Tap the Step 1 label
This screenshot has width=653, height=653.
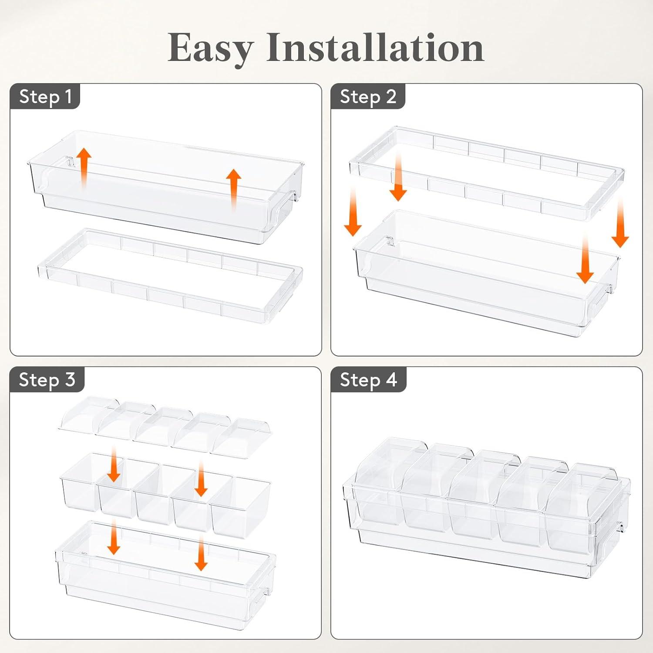pyautogui.click(x=45, y=96)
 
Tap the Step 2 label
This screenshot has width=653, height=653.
pyautogui.click(x=368, y=97)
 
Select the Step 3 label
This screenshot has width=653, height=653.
pyautogui.click(x=47, y=380)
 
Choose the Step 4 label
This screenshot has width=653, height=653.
pyautogui.click(x=368, y=380)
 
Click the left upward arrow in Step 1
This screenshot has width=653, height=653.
pyautogui.click(x=84, y=167)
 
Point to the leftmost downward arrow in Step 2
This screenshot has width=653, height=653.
pyautogui.click(x=353, y=211)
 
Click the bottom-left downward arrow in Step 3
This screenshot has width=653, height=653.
pyautogui.click(x=114, y=536)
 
